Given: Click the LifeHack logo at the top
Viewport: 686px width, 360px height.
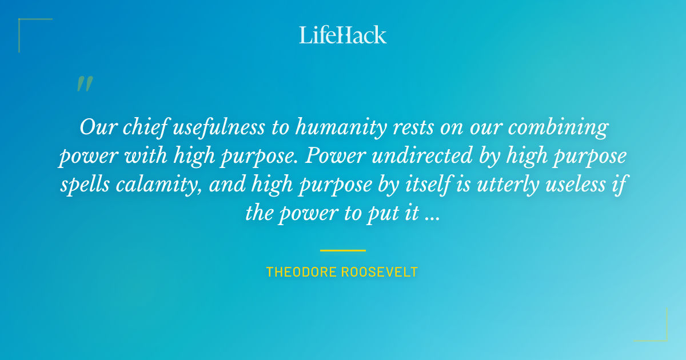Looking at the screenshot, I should coord(343,35).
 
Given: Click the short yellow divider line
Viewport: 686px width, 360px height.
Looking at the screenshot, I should coord(343,250).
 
